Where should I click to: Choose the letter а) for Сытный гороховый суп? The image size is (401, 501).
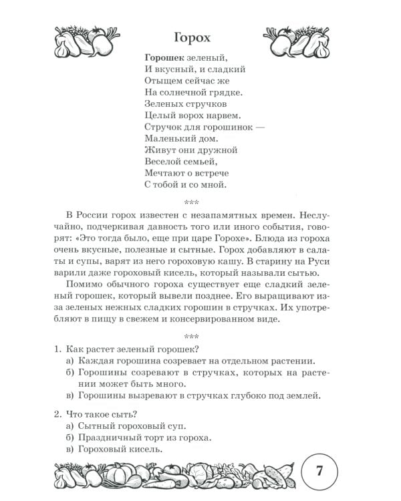[x=70, y=426]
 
